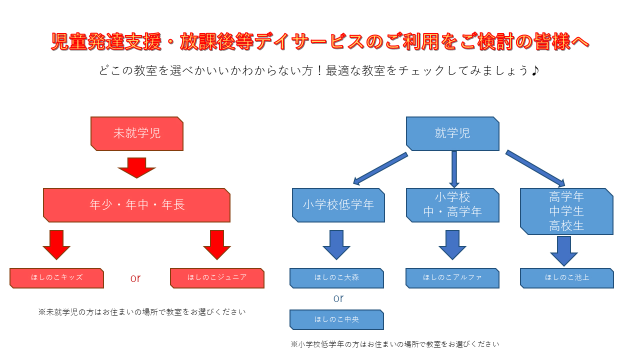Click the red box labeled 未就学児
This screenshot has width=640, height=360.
pos(137,133)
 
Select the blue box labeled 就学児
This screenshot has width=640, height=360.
pos(452,133)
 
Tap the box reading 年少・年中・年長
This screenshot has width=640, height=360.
pos(136,205)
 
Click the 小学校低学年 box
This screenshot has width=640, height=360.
pos(338,205)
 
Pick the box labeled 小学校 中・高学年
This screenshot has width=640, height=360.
pos(452,205)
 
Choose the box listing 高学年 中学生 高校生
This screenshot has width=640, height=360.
pos(566,211)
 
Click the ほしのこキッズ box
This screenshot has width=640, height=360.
pos(56,278)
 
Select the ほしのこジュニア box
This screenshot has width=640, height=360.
pos(217,278)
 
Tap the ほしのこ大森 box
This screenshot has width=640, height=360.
pos(336,278)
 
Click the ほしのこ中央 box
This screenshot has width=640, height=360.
pos(336,319)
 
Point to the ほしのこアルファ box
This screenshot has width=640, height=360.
pos(452,278)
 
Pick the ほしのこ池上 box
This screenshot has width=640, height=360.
pos(567,278)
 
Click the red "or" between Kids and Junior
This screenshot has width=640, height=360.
pos(135,278)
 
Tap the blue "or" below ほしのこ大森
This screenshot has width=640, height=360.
pos(338,298)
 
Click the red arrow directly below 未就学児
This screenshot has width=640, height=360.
pos(136,167)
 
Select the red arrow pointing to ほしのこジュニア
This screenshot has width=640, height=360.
pos(217,245)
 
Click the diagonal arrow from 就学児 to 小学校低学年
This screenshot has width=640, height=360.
pos(380,169)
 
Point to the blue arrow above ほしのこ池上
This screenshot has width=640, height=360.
pos(564,251)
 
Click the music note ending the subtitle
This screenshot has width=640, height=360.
pos(535,70)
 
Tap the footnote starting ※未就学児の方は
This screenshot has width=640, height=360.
pos(142,312)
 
